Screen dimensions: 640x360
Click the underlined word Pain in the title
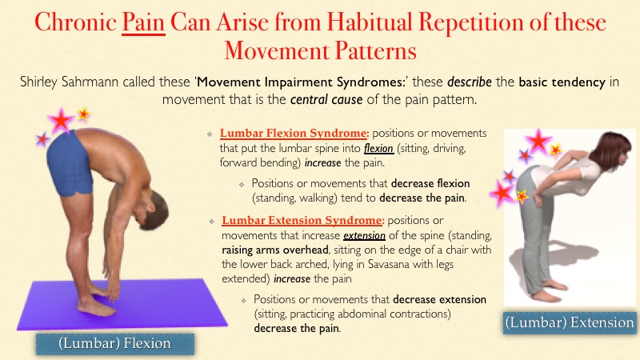(143, 22)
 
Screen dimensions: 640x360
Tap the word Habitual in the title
(370, 22)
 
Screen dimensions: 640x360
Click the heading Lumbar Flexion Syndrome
(294, 133)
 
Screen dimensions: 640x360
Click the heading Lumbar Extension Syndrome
(303, 221)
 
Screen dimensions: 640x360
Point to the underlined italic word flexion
(378, 148)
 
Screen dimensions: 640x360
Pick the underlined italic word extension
(364, 235)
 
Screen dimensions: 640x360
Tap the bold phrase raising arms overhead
(274, 250)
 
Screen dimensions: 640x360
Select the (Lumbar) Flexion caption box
(114, 344)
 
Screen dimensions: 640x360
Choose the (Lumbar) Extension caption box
(570, 323)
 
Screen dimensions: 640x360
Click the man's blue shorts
(70, 164)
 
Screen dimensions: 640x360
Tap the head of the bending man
(152, 210)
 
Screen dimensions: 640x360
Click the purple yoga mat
(122, 304)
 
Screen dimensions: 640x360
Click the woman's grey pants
(530, 229)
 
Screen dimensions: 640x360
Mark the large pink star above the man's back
(61, 121)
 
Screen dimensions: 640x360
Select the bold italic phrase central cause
(326, 99)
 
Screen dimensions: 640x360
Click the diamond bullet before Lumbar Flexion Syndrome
(210, 134)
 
